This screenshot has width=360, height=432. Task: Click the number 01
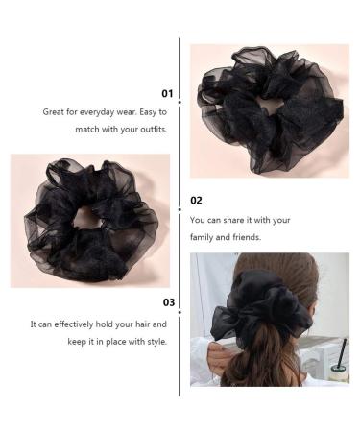point(167,94)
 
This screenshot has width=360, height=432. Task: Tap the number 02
point(197,201)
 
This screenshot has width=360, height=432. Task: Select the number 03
point(167,302)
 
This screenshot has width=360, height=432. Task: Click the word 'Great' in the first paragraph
point(54,111)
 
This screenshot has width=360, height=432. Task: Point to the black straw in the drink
point(341,351)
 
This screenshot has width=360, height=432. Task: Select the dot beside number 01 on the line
point(180,94)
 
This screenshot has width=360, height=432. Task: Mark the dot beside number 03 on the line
point(180,302)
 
